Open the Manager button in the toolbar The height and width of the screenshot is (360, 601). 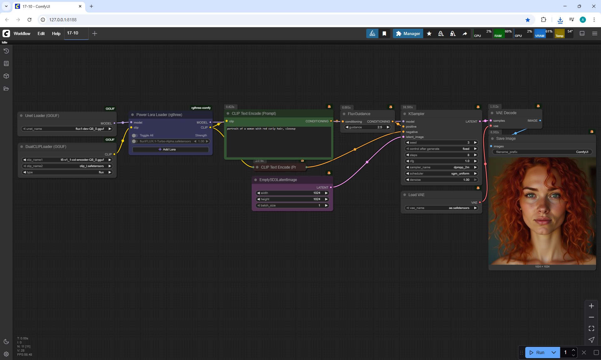point(408,33)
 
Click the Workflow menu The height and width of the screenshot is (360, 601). point(22,33)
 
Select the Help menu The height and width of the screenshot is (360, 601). point(56,33)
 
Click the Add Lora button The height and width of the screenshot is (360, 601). point(170,150)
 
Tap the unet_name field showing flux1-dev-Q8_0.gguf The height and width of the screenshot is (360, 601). point(67,129)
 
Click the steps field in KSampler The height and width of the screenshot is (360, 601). point(441,155)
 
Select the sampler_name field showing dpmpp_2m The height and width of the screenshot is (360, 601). point(441,167)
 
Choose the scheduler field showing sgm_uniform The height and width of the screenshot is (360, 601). point(441,174)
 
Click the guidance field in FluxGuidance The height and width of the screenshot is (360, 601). point(367,127)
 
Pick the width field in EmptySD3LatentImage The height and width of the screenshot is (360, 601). point(292,193)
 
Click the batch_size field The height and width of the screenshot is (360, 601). point(292,205)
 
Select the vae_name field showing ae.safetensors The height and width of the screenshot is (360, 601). point(441,208)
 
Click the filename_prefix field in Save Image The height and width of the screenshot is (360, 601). point(542,152)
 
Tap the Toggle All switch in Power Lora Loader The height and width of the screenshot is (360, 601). point(135,135)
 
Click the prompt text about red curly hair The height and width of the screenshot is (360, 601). point(261,129)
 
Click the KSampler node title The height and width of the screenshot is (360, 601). point(416,114)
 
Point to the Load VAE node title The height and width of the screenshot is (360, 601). point(416,195)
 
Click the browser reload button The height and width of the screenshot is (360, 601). point(29,20)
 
